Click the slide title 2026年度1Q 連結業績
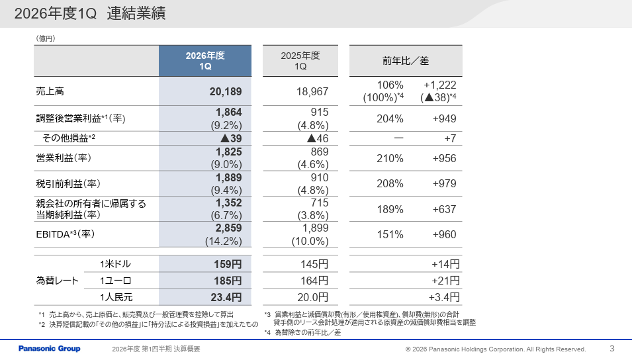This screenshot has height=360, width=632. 90,14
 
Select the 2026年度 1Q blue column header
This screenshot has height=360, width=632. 205,61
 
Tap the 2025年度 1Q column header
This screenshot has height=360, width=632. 300,61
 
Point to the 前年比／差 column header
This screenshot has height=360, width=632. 406,61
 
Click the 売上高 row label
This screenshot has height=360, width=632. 50,91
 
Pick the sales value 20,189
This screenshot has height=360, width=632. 226,91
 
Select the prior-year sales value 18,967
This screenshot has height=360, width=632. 312,91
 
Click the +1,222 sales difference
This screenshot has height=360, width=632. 439,85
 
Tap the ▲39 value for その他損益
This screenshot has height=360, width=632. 231,138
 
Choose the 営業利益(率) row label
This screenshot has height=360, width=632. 64,158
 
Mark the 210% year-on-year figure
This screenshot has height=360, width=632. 390,158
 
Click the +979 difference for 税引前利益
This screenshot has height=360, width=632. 444,183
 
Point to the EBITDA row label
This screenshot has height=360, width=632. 66,234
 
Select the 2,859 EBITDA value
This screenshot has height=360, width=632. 228,228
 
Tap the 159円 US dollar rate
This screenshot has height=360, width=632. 228,264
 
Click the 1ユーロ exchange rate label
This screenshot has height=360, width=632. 116,281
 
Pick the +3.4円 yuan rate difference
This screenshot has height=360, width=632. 444,297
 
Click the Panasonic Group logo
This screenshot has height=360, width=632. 49,349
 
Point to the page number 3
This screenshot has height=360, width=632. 612,348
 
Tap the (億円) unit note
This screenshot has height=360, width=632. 46,38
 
